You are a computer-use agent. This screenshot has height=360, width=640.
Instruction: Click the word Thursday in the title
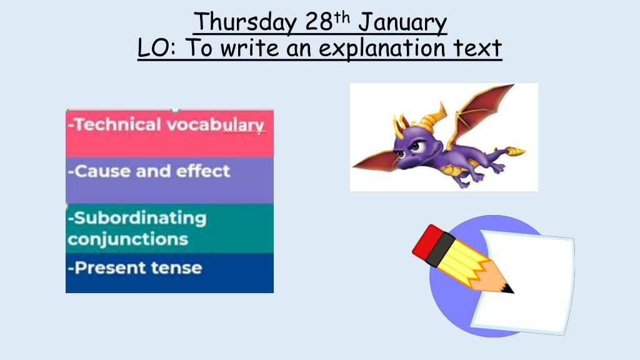click(245, 22)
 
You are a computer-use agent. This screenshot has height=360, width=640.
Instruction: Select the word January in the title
click(402, 23)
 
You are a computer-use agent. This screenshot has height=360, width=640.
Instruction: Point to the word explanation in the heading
click(382, 49)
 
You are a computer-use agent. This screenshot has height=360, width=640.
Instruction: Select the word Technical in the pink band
click(117, 124)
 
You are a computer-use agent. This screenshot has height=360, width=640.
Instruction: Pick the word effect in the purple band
click(203, 171)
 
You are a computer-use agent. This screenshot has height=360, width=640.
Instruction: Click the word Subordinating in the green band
click(140, 218)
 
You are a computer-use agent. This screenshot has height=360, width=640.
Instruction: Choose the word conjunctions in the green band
click(127, 239)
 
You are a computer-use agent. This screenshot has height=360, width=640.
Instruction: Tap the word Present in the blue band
click(110, 267)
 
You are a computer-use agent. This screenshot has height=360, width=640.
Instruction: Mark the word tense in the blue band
click(176, 268)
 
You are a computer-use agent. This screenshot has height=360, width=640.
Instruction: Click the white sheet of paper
click(526, 282)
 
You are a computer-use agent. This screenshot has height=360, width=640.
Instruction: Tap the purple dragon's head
click(412, 145)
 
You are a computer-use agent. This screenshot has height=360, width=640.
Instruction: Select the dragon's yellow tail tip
click(516, 151)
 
